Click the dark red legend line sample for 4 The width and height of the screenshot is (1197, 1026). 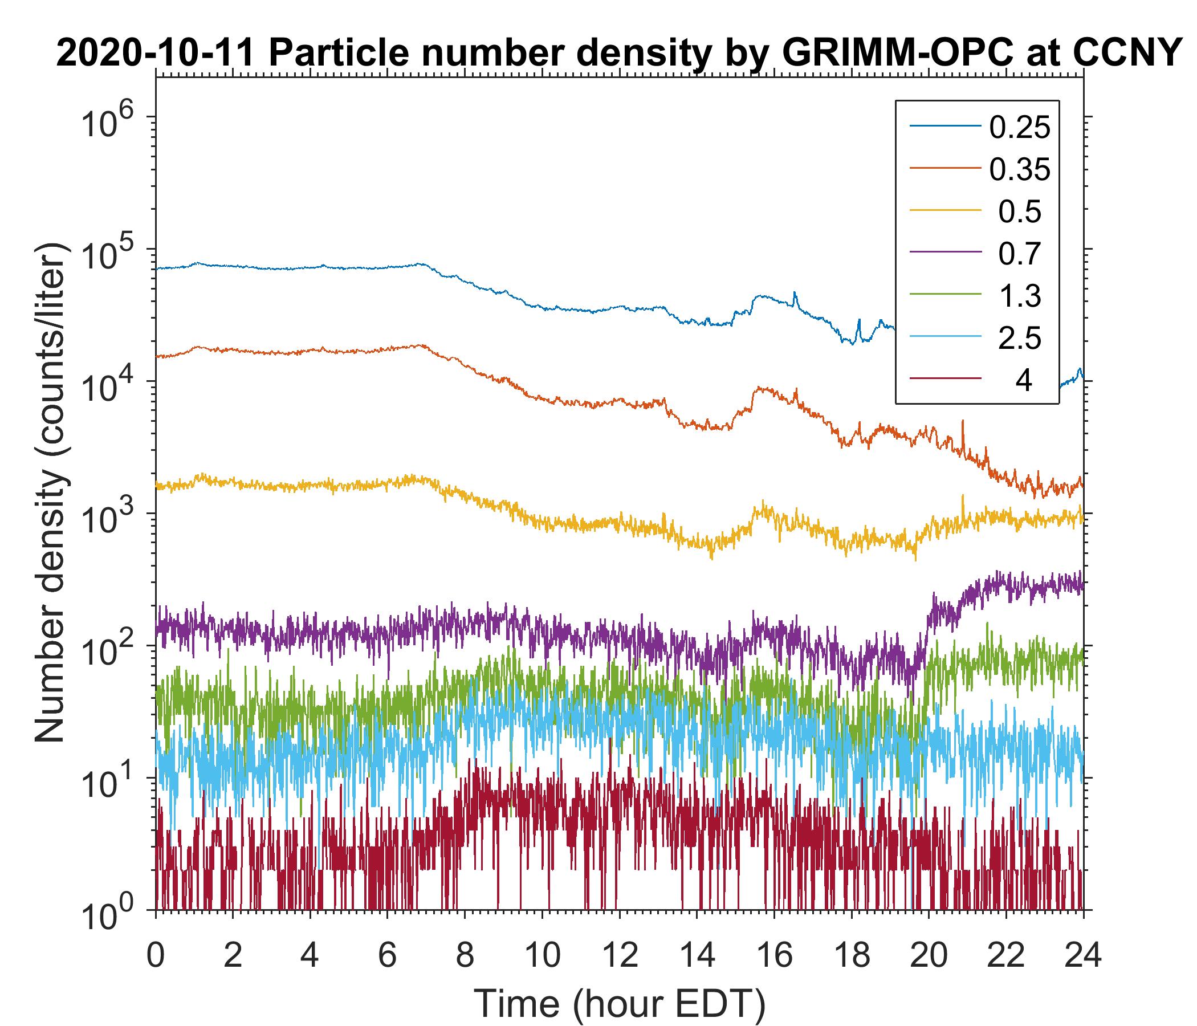click(x=945, y=379)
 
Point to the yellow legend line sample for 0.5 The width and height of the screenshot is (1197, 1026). click(x=945, y=211)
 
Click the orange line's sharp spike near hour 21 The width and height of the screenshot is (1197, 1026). click(x=963, y=422)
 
